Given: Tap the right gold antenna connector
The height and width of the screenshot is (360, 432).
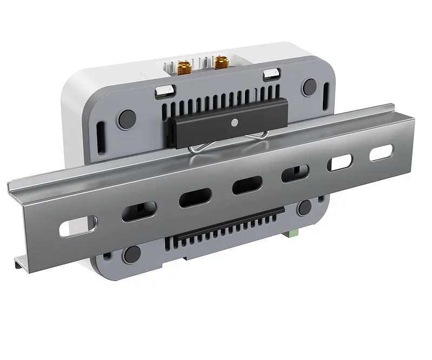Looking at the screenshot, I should click(x=220, y=64).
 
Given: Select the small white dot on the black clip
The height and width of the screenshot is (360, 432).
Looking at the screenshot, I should click(x=234, y=122).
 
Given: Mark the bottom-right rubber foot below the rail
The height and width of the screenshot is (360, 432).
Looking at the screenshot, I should click(x=304, y=206).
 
